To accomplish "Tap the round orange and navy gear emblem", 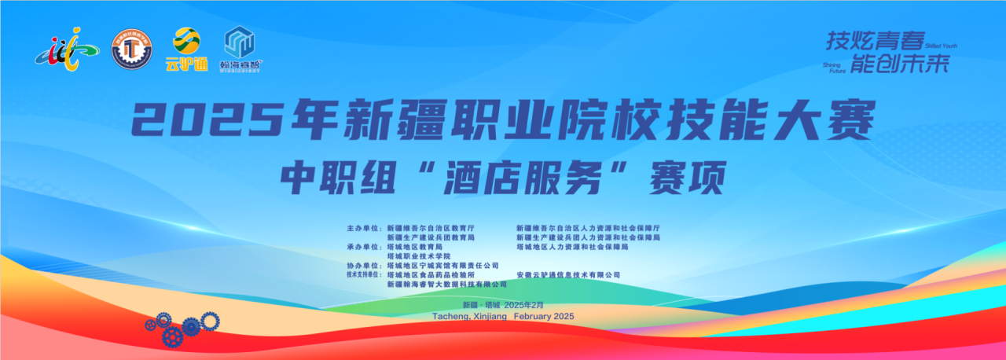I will point(132,49).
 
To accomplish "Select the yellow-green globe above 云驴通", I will point(187,40).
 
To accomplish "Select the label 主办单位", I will point(364,227).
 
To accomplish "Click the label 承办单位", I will point(364,247).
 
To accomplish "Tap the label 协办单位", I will point(364,266).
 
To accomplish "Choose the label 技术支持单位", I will point(364,275).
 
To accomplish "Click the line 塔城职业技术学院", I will point(419,256).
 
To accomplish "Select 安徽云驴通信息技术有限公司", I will point(568,275).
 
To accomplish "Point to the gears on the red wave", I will point(182,326).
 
